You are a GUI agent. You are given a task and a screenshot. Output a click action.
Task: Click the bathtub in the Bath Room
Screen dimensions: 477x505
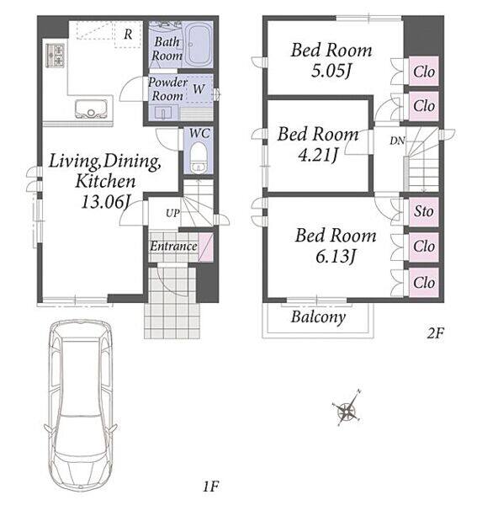(198, 45)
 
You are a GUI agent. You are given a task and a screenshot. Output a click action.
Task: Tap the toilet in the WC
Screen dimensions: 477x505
(198, 157)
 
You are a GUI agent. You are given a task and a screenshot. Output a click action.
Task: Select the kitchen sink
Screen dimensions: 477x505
(91, 109)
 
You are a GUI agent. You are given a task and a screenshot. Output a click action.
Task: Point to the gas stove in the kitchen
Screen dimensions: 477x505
(56, 55)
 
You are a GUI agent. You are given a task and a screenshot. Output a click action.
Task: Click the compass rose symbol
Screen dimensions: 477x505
(347, 409)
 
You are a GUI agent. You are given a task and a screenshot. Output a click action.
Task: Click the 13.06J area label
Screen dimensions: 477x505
(105, 202)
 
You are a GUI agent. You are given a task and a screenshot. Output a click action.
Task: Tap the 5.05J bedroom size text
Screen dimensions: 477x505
(331, 71)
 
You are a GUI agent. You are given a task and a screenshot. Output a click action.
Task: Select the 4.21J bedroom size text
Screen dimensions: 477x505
(318, 155)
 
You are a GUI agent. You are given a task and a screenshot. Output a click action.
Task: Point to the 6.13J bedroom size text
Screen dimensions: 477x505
(336, 257)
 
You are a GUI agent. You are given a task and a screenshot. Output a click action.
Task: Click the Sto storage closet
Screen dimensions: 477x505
(423, 212)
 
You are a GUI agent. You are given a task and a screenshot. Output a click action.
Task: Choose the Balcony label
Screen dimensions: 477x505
(318, 317)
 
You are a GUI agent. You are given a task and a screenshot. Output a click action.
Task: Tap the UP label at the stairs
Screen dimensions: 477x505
(172, 213)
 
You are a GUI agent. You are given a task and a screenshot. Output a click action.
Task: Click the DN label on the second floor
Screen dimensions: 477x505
(397, 141)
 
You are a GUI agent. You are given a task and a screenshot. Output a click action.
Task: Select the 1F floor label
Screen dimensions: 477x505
(211, 486)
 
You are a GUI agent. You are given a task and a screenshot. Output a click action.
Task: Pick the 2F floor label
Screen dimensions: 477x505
(435, 333)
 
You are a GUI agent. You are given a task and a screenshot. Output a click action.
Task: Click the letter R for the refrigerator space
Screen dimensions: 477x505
(128, 34)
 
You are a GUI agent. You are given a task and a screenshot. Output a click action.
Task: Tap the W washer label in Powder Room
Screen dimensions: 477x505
(199, 88)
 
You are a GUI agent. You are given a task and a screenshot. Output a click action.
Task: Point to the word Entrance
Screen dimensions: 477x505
(173, 247)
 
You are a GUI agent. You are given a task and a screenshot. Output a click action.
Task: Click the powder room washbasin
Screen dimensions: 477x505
(163, 113)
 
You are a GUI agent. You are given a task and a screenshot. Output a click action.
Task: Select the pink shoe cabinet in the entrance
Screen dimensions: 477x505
(205, 247)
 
